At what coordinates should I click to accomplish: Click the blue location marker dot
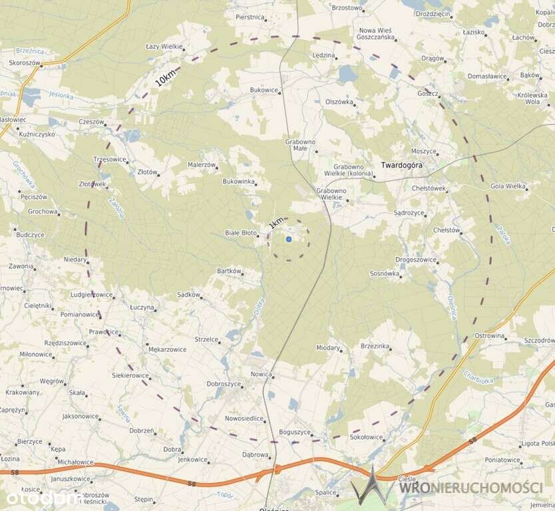tap(289, 239)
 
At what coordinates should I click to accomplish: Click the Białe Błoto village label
tap(240, 233)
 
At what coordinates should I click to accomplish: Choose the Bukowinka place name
tap(238, 181)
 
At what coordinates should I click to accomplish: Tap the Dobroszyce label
tap(224, 384)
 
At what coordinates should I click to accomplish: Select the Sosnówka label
tap(385, 273)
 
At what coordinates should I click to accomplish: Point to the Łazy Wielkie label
tap(164, 47)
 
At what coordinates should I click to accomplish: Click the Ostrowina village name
tap(489, 335)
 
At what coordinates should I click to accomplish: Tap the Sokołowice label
tap(366, 437)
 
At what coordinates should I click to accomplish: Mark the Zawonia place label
tap(21, 266)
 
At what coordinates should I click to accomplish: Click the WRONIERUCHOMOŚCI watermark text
tap(470, 488)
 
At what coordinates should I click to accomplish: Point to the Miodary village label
tap(328, 348)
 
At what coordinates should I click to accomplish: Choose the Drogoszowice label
tap(416, 259)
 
